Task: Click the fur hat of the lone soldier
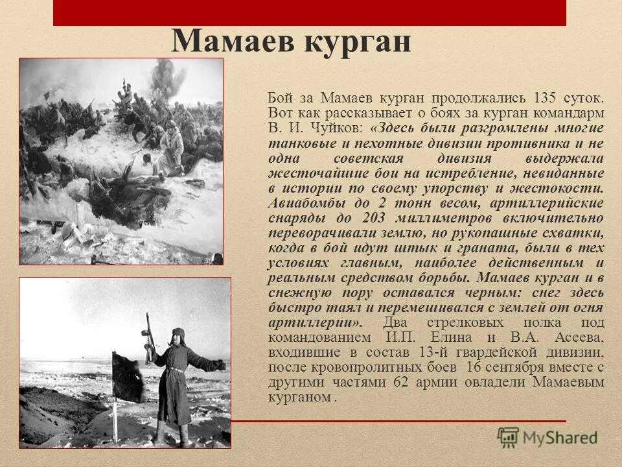click(x=177, y=336)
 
